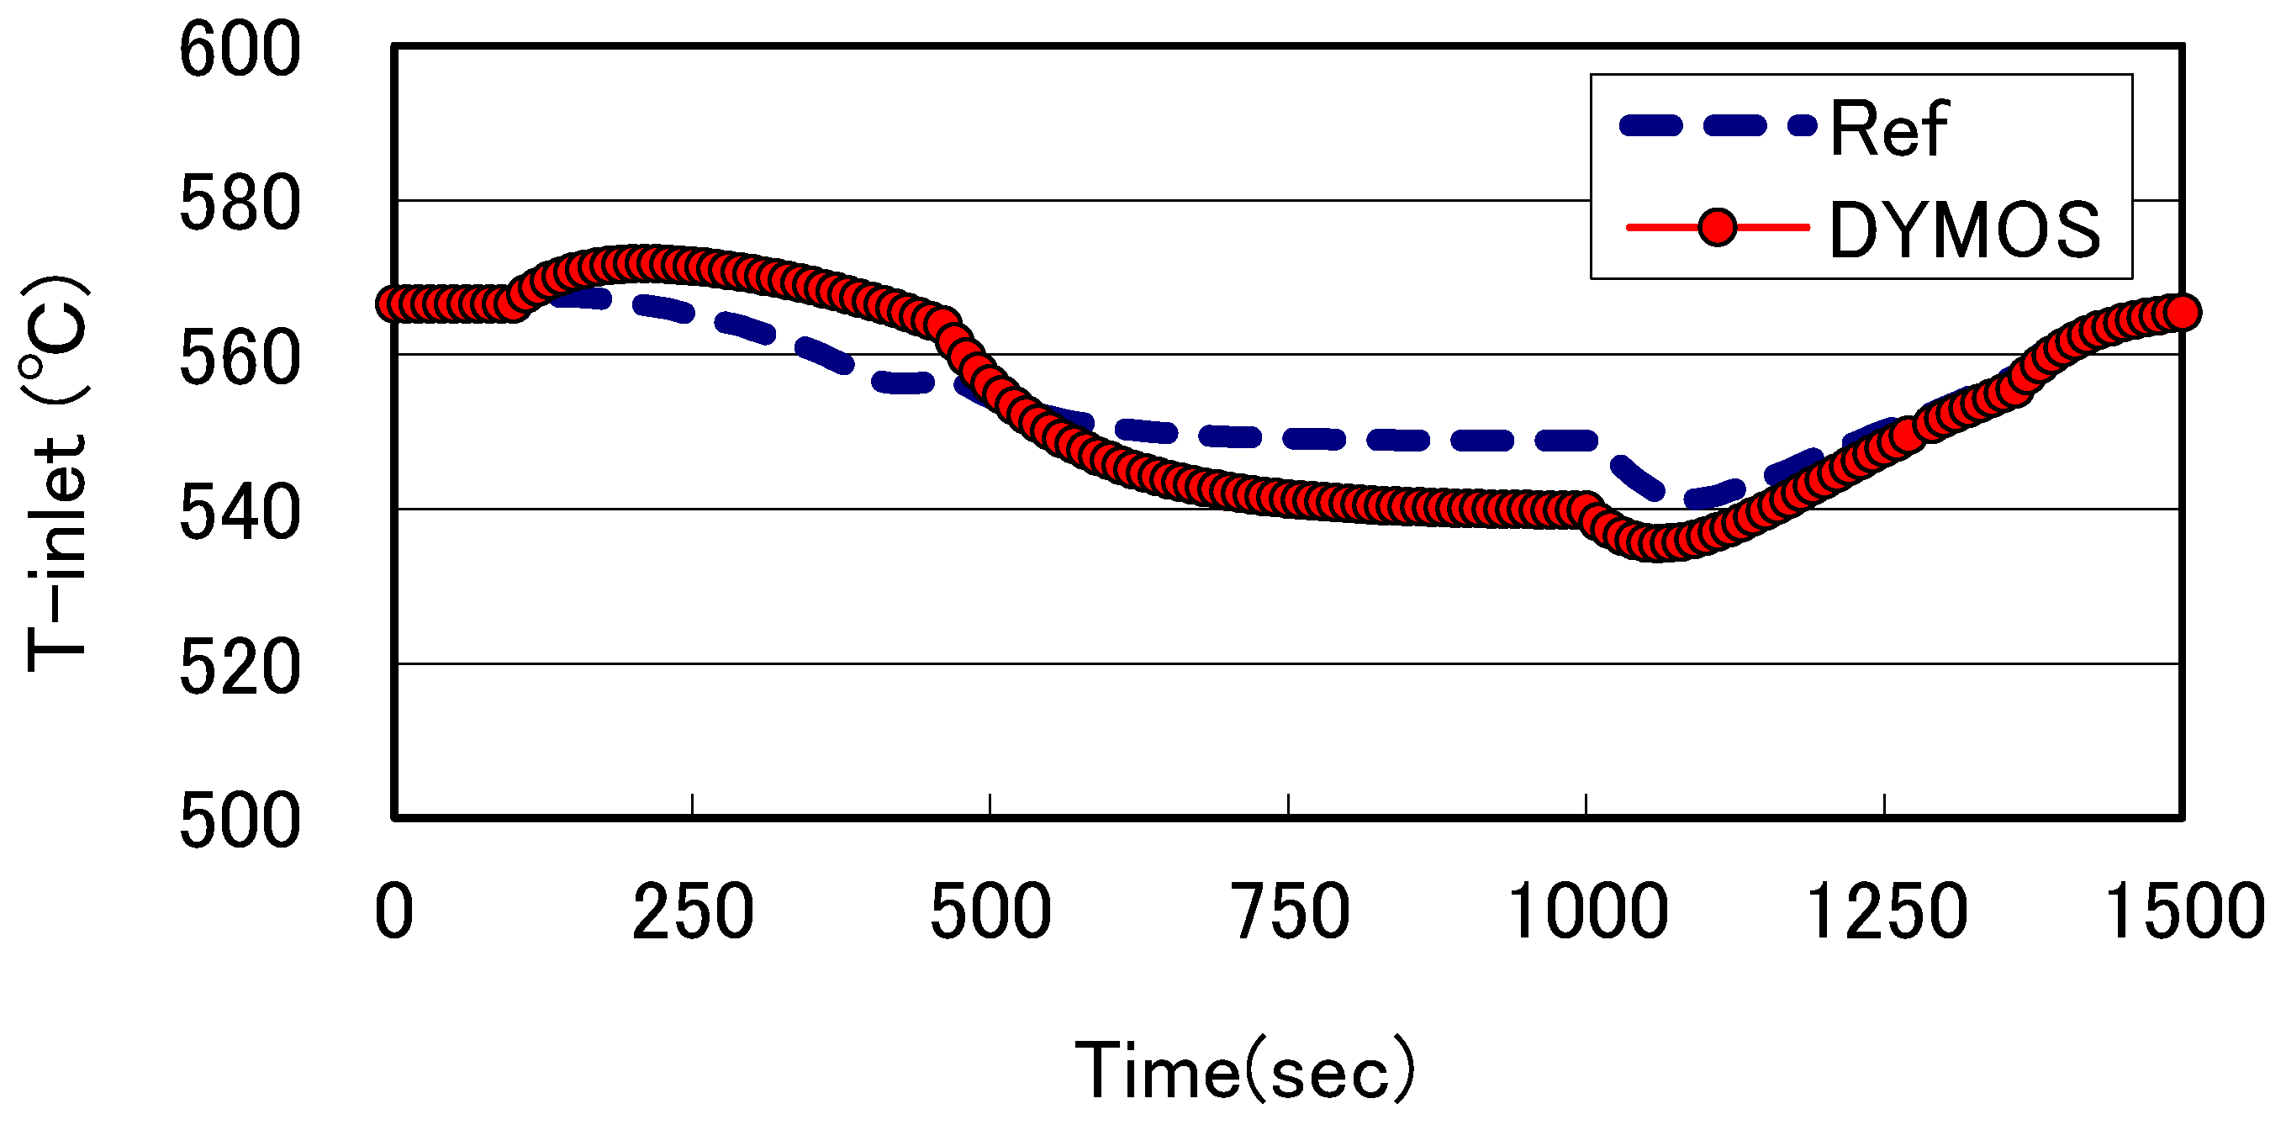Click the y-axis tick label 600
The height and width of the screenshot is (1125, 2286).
pyautogui.click(x=240, y=50)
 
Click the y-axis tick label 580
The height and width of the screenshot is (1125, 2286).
pyautogui.click(x=240, y=205)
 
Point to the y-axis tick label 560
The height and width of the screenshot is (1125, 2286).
pyautogui.click(x=240, y=359)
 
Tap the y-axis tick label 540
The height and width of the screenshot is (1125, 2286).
pyautogui.click(x=240, y=514)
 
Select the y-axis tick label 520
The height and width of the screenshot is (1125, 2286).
pyautogui.click(x=240, y=668)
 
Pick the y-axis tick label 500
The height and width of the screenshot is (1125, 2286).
pyautogui.click(x=240, y=822)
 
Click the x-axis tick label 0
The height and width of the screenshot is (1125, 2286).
pyautogui.click(x=394, y=912)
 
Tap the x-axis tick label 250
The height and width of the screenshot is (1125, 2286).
pyautogui.click(x=692, y=912)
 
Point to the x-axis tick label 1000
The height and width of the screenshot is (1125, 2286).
pyautogui.click(x=1587, y=912)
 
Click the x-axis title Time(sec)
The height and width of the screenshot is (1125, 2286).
pyautogui.click(x=1244, y=1070)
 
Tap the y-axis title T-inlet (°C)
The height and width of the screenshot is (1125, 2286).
pyautogui.click(x=55, y=475)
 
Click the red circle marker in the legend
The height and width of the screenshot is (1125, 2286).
pyautogui.click(x=1717, y=228)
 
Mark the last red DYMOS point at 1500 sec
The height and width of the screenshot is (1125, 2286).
pyautogui.click(x=2183, y=312)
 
